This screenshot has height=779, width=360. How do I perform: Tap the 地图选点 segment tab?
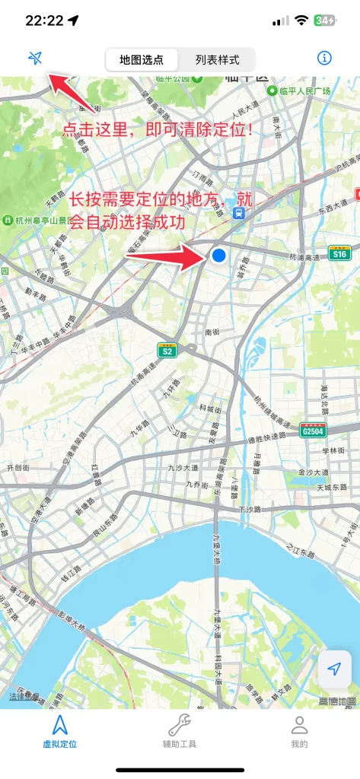click(x=142, y=59)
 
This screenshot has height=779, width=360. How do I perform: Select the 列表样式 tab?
click(x=217, y=59)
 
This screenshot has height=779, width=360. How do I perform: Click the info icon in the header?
click(x=324, y=58)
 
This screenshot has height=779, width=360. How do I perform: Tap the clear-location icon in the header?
click(x=34, y=58)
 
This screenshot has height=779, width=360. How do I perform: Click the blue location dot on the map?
click(x=219, y=256)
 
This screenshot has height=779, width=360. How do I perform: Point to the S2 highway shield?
click(x=167, y=350)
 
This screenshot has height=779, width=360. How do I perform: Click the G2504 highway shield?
click(x=313, y=430)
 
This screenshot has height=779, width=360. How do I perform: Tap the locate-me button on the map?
click(x=334, y=669)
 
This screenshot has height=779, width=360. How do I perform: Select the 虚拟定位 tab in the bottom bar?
click(x=60, y=732)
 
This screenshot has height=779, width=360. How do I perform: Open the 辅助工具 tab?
click(x=180, y=732)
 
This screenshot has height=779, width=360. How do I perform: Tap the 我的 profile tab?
click(x=300, y=732)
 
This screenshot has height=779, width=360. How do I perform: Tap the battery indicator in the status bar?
click(x=325, y=21)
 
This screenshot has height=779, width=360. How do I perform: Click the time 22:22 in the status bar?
click(x=44, y=21)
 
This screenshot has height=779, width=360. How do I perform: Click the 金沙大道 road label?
click(x=313, y=472)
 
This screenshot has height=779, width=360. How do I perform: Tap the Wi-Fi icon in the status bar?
click(x=302, y=21)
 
